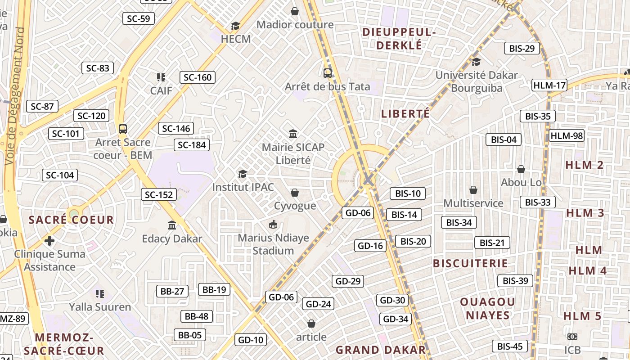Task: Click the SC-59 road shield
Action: [139, 18]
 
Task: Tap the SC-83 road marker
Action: [98, 68]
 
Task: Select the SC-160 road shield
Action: [198, 77]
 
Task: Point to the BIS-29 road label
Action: [522, 49]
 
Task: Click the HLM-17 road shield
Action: [549, 85]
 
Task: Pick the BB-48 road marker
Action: [197, 316]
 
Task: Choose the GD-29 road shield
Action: [348, 281]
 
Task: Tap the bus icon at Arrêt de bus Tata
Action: [328, 73]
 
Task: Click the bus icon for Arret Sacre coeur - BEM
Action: [123, 129]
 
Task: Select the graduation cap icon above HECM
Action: [235, 26]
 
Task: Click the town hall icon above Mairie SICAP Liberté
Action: [293, 134]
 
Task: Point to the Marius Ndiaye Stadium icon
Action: [273, 224]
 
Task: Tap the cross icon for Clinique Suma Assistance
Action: [49, 241]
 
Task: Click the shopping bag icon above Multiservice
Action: [473, 190]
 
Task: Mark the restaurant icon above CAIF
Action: [161, 77]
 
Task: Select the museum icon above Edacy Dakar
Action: [172, 225]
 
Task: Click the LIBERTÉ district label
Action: [405, 114]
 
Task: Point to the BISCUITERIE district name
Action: [470, 263]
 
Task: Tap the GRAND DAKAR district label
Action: [381, 350]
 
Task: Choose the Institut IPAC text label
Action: [243, 187]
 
